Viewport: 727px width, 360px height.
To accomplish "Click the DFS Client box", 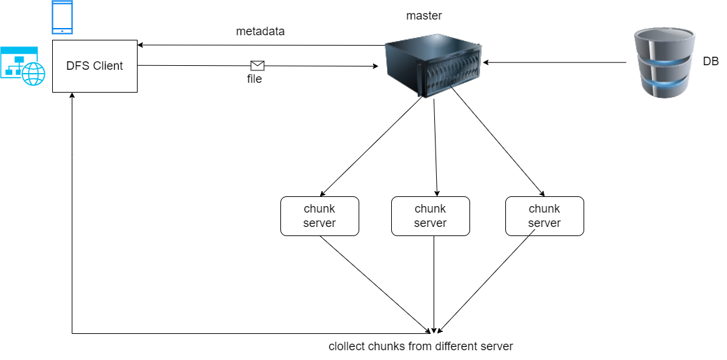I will coord(95,66).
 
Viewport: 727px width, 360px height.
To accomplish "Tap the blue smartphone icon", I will coord(61,18).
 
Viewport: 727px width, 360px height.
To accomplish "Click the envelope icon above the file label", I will coord(258,65).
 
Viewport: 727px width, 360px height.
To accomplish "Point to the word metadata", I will coord(260,31).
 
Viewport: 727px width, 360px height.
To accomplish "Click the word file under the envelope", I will coord(254,79).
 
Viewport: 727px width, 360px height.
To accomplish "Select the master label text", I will coord(424,16).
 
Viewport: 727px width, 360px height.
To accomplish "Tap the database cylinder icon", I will coord(664,63).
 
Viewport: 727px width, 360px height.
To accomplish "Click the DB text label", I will coord(711,62).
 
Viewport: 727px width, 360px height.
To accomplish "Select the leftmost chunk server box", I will coord(319,216).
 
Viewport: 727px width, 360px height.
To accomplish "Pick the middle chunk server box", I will coord(430,216).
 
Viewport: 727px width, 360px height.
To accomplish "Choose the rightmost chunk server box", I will coord(544,216).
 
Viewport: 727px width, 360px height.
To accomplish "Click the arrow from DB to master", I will coord(554,63).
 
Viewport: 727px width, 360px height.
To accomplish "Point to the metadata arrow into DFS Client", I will coord(261,45).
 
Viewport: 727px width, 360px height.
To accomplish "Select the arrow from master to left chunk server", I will coord(372,147).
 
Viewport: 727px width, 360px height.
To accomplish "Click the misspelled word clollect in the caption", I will coord(346,346).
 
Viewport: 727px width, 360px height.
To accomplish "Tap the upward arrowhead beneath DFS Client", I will coord(72,96).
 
